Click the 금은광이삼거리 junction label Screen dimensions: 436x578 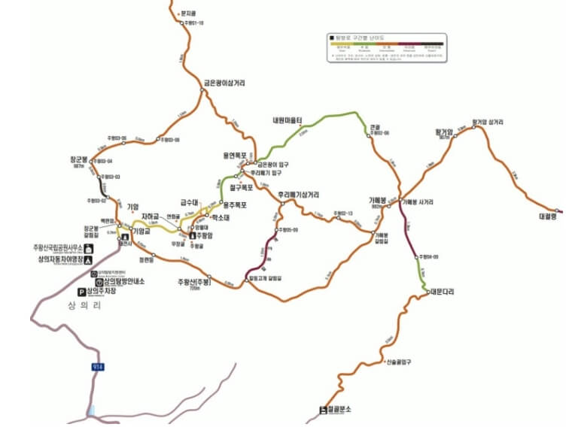pos(224,83)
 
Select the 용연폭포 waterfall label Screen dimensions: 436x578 pos(235,155)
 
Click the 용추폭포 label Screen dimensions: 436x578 pos(236,204)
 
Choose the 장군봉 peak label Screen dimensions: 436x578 pos(77,160)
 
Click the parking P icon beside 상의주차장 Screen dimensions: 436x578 pos(83,292)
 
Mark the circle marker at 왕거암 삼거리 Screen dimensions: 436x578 pos(474,128)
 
